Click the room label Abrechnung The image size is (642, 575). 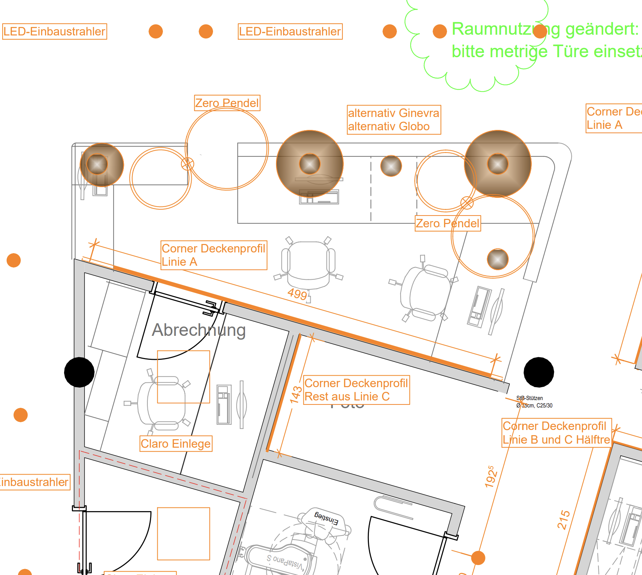click(x=199, y=330)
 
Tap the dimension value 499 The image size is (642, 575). click(x=297, y=294)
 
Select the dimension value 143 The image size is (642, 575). click(x=296, y=395)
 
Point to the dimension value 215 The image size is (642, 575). click(x=564, y=520)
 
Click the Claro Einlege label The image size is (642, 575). click(x=176, y=444)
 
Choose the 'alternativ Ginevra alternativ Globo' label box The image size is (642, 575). click(x=394, y=120)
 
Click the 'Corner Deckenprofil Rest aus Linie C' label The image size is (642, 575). click(x=356, y=390)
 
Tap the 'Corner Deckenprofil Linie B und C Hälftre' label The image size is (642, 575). click(x=556, y=433)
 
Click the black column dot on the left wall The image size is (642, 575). click(x=79, y=372)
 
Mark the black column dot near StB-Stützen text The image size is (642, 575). click(x=538, y=372)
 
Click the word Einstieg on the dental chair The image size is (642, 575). click(x=326, y=518)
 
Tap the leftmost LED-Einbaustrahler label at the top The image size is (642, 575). click(x=55, y=31)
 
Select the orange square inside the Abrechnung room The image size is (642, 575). click(x=184, y=377)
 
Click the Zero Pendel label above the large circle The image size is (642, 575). click(x=227, y=103)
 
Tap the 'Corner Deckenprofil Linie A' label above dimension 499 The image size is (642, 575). click(x=213, y=255)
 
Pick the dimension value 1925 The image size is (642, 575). click(x=491, y=477)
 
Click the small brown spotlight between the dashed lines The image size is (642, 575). click(x=391, y=166)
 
